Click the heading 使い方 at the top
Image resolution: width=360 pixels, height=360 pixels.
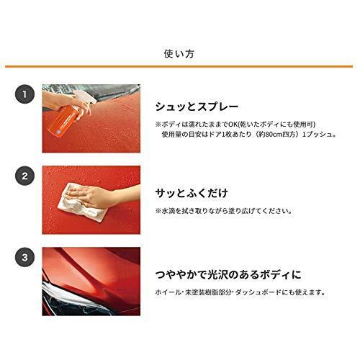pos(179,53)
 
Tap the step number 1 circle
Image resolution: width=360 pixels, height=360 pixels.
pos(24,94)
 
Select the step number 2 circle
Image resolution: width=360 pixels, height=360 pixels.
pos(24,176)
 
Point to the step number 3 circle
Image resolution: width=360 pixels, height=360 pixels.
pos(24,258)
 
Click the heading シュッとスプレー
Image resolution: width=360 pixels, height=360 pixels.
pos(197,107)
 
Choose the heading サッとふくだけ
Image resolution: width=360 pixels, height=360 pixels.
pos(192,193)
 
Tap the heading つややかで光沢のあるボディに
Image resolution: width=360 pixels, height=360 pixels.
pos(228,274)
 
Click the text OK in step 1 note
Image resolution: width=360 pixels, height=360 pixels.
pos(233,125)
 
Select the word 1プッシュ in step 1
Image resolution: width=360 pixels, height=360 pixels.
pos(317,134)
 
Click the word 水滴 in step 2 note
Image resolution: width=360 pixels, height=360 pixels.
pos(168,211)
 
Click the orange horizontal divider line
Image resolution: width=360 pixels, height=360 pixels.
pos(179,66)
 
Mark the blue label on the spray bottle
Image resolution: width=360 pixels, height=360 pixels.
pos(59,130)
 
